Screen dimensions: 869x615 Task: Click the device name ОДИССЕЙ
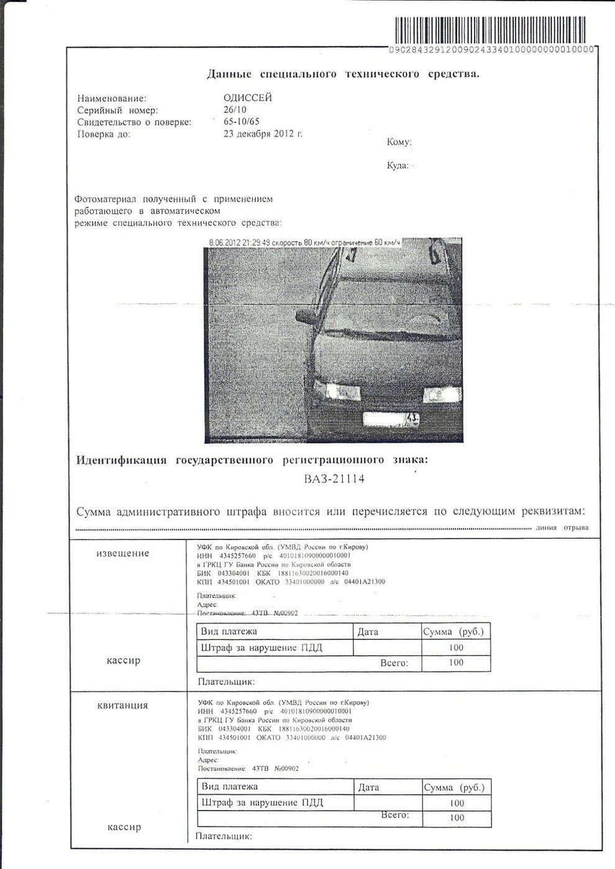(247, 98)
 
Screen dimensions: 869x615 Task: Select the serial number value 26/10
(235, 110)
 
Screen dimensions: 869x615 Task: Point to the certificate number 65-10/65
(242, 122)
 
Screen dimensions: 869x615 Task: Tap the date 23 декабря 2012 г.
(263, 133)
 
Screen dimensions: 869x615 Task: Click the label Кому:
(399, 142)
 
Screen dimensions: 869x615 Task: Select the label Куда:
(398, 166)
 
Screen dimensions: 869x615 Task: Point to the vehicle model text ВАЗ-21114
(334, 479)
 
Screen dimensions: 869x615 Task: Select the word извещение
(123, 553)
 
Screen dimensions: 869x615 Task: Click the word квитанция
(123, 705)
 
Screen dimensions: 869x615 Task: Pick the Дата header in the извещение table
(368, 632)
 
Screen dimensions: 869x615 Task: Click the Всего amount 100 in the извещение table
(456, 662)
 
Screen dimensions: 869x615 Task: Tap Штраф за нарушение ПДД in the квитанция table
(262, 803)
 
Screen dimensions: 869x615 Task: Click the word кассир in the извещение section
(124, 660)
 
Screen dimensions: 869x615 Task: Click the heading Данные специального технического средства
(344, 74)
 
